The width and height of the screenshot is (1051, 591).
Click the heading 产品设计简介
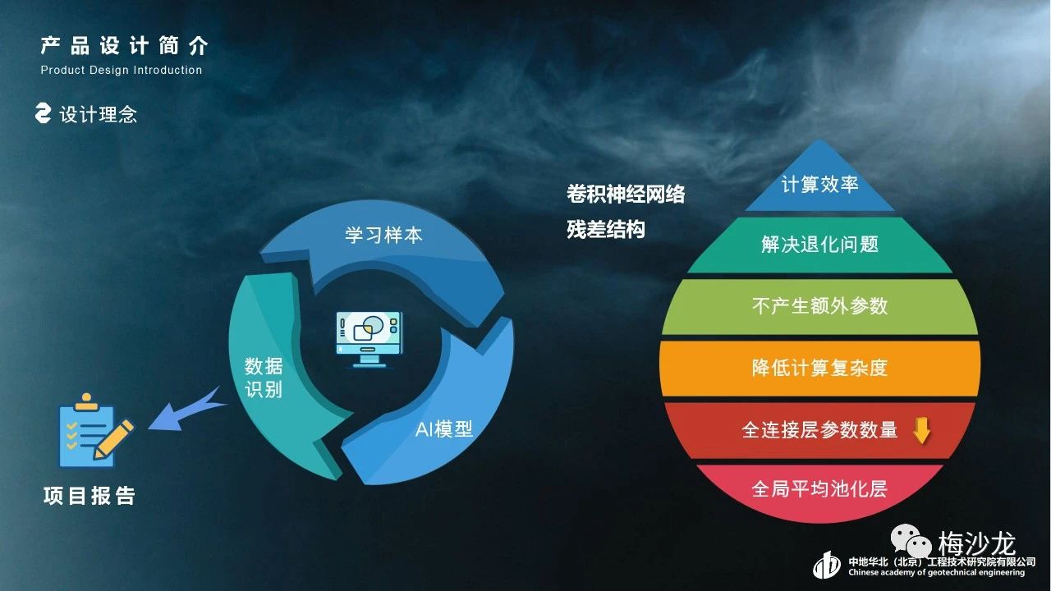click(124, 46)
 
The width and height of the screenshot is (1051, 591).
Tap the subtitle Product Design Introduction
click(122, 70)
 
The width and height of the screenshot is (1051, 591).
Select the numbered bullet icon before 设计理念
click(44, 113)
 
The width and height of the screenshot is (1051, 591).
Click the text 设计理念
click(98, 114)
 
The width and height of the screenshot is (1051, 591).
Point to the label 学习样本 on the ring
click(383, 235)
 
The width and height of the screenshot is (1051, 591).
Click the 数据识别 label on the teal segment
click(264, 378)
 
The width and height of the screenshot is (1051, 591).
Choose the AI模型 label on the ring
click(444, 429)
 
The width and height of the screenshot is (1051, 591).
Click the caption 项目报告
click(89, 496)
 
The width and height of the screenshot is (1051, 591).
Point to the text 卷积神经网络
click(626, 194)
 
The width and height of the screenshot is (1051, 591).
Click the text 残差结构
click(606, 229)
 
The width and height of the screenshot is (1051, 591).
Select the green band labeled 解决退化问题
click(819, 245)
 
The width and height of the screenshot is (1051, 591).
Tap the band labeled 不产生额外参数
click(819, 306)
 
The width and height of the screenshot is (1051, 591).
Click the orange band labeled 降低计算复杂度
click(819, 369)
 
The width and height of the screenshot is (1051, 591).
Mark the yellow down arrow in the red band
click(921, 430)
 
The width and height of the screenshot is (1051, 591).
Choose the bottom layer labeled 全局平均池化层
click(819, 491)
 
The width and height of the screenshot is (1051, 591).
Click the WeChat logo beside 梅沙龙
click(911, 541)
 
